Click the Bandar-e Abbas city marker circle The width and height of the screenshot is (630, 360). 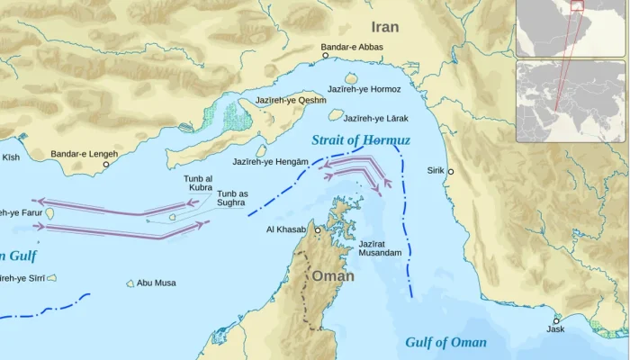[326, 56]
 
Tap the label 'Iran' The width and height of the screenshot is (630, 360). [384, 27]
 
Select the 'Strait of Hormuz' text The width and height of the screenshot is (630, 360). [360, 140]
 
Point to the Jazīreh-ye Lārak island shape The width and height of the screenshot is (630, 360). [336, 114]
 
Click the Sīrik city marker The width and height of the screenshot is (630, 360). [451, 171]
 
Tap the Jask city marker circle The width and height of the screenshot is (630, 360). [556, 320]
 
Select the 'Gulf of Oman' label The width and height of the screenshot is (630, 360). [445, 342]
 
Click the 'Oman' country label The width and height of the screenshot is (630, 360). [332, 276]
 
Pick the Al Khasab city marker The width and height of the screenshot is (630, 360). [317, 229]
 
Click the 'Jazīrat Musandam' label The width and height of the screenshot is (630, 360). [380, 248]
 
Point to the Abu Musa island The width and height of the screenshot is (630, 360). [130, 283]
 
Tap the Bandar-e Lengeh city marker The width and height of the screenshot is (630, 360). [106, 165]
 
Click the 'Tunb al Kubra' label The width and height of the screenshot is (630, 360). [199, 183]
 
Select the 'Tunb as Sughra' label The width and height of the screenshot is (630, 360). [232, 198]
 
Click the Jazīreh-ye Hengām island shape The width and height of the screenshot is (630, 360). [261, 151]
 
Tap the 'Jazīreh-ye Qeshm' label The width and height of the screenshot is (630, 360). [291, 100]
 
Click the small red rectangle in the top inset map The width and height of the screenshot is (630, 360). [577, 6]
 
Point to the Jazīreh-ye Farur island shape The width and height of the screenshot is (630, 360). [49, 213]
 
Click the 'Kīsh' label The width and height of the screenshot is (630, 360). [10, 157]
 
